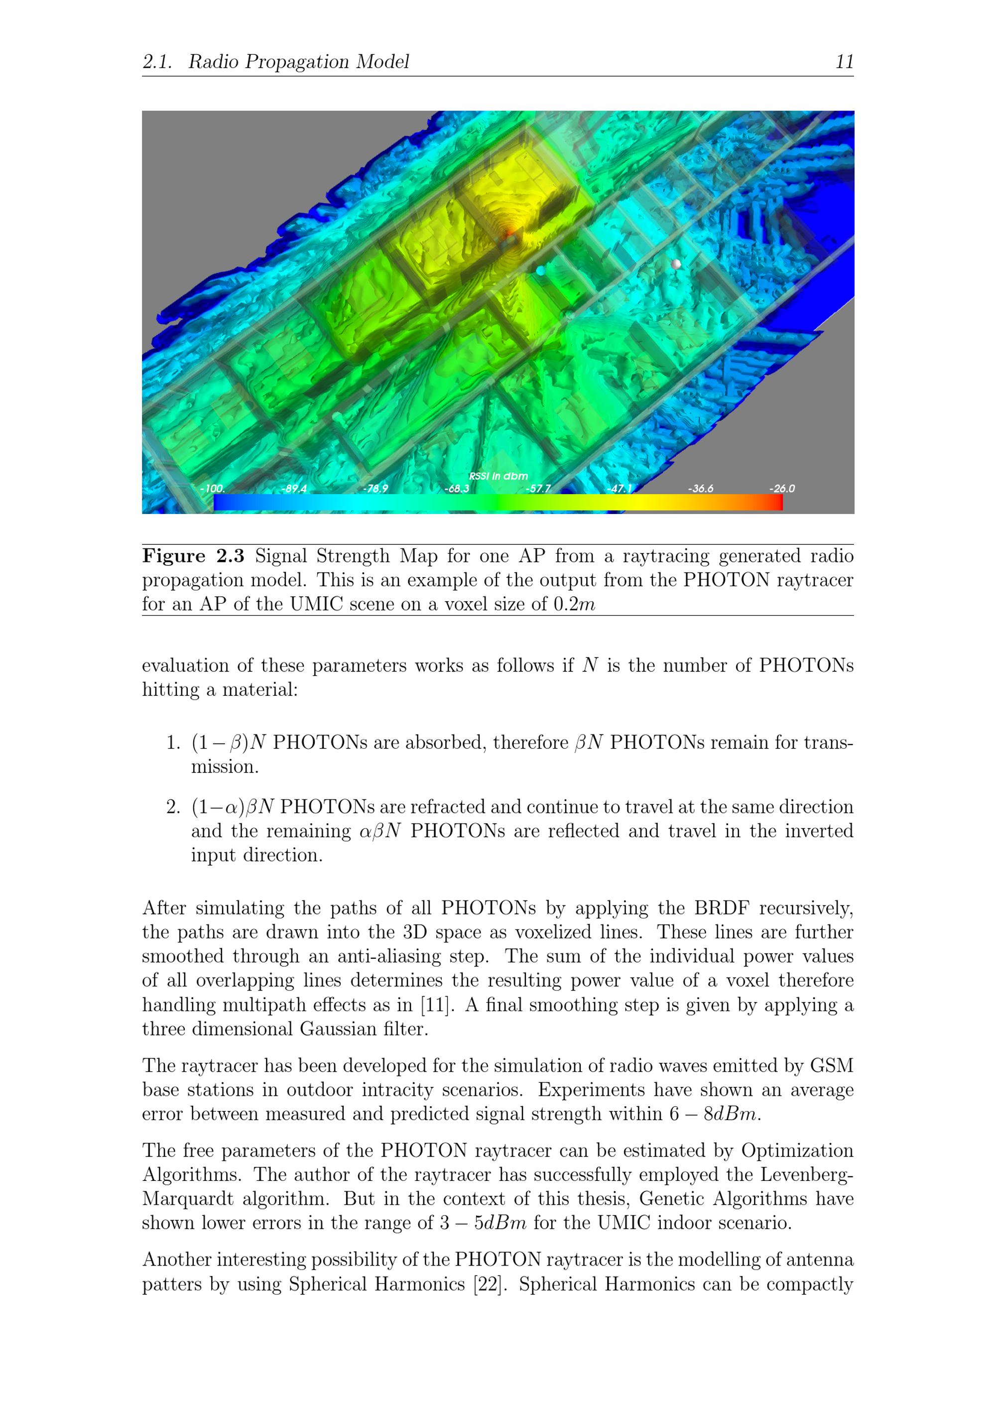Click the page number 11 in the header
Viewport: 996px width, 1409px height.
(845, 61)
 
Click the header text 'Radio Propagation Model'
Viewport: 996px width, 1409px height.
(298, 61)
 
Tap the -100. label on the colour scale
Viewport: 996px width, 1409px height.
(212, 489)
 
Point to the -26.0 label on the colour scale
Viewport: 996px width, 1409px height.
(781, 489)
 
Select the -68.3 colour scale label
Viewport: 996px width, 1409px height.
(457, 489)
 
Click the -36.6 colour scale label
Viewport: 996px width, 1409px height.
(700, 489)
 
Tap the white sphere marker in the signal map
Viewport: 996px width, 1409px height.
(676, 264)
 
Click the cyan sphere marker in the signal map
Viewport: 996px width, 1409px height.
(540, 270)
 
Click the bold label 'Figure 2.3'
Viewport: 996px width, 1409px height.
(193, 556)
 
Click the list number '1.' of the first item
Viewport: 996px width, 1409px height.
(173, 743)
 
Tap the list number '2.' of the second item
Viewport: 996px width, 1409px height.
(173, 806)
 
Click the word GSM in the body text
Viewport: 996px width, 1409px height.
(832, 1065)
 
